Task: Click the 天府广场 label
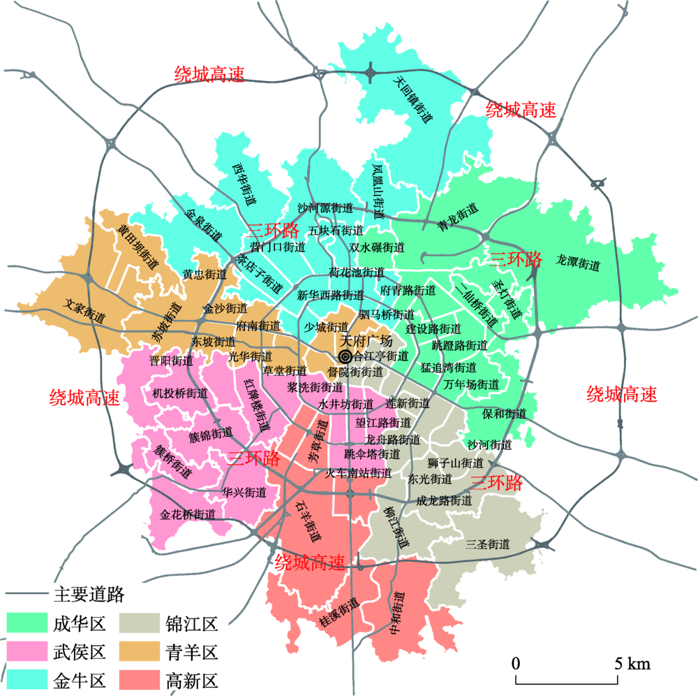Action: (365, 342)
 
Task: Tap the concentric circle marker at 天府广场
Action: (344, 356)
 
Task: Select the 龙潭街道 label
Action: (579, 265)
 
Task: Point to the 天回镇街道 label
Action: (413, 99)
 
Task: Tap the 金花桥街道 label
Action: (187, 514)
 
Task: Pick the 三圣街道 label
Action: (489, 544)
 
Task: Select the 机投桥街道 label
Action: (180, 393)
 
